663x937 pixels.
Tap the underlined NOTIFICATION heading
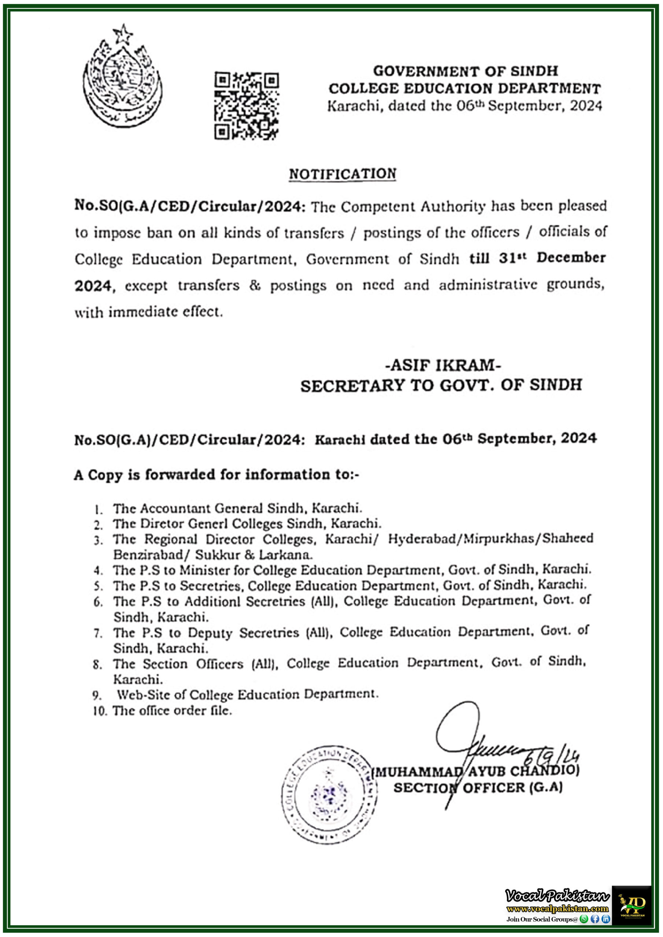click(x=342, y=174)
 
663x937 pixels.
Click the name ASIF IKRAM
click(x=443, y=365)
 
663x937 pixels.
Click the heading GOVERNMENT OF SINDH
click(x=465, y=71)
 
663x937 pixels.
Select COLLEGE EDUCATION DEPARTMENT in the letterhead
click(x=464, y=89)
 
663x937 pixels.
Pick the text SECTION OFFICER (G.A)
click(x=478, y=788)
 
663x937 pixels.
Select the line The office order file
click(x=172, y=710)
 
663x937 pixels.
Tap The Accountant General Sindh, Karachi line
click(x=237, y=508)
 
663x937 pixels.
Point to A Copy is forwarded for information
click(x=216, y=475)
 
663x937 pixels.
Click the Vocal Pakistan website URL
click(x=557, y=908)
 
